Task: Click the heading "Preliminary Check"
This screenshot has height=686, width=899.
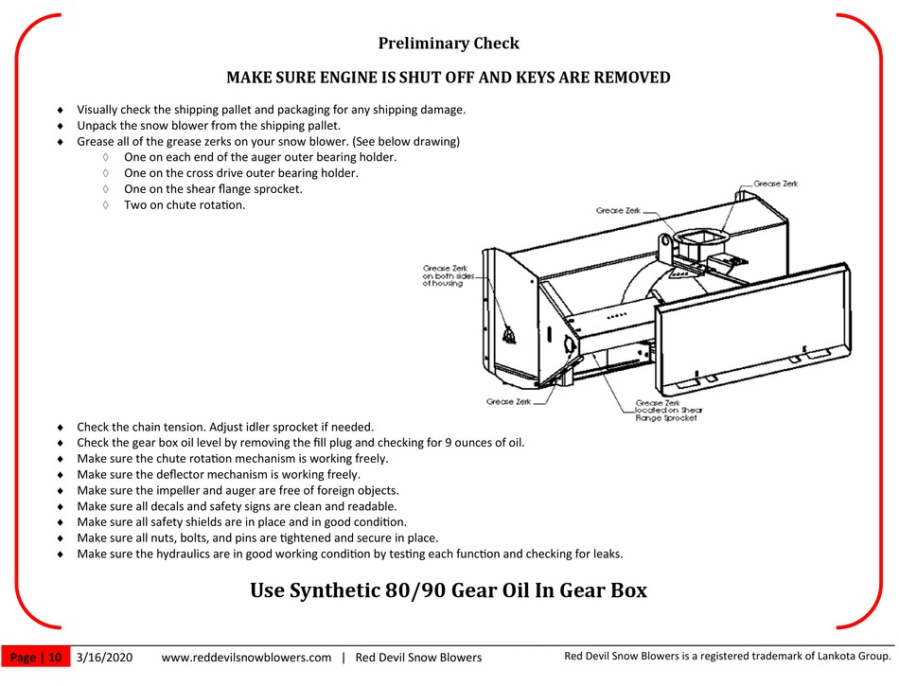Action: coord(449,44)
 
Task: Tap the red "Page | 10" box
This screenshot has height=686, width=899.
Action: coord(37,657)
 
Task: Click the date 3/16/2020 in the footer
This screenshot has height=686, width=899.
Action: coord(104,657)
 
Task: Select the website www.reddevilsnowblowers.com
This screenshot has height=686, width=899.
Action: coord(247,657)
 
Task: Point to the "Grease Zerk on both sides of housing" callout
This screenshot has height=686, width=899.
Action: coord(445,275)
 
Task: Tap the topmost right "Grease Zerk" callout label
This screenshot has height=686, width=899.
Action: coord(775,184)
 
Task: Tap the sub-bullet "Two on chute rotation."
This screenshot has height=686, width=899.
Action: coord(185,204)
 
